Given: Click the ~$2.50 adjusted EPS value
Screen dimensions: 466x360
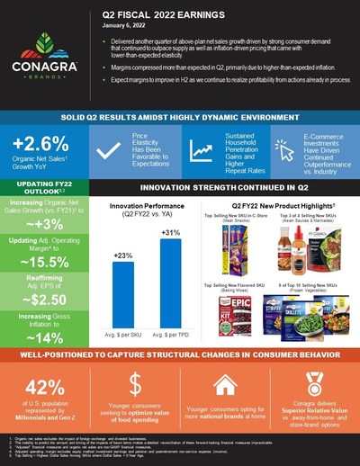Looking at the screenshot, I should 42,300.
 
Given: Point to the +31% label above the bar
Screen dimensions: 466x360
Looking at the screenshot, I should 168,233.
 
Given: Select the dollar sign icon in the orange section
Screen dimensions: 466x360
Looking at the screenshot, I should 134,385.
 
